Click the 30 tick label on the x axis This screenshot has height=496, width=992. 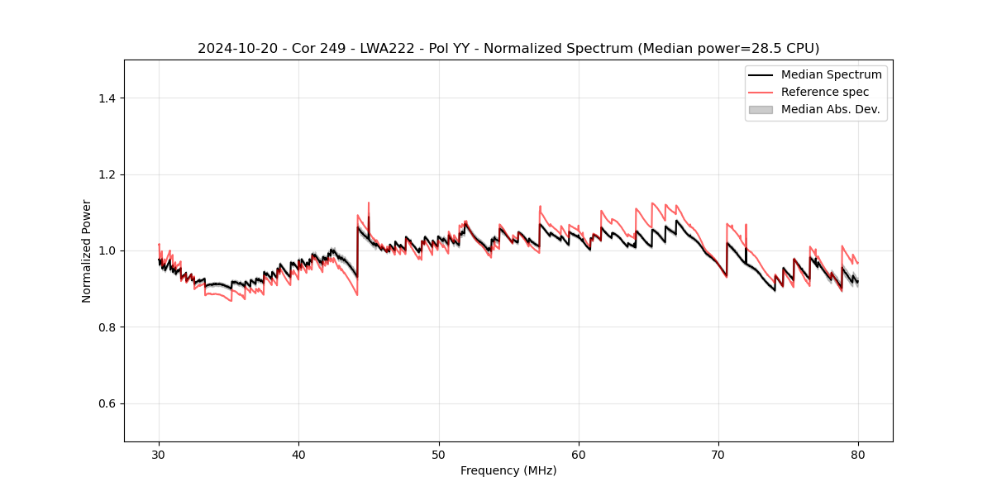(159, 454)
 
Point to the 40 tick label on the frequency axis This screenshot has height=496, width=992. (298, 454)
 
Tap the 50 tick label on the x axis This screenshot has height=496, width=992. (439, 454)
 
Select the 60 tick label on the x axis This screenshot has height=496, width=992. (579, 454)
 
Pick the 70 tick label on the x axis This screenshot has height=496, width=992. (718, 454)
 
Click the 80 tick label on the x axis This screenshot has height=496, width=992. (858, 454)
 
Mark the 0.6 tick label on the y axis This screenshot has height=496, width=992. (107, 403)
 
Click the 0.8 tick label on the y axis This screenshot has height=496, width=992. (107, 327)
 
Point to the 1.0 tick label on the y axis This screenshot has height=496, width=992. (107, 250)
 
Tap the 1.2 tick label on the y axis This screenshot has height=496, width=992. (107, 174)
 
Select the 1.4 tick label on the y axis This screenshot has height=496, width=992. (107, 98)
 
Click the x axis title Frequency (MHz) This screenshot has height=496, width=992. (508, 470)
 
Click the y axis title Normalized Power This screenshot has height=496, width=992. (87, 250)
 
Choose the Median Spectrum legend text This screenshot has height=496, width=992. (831, 74)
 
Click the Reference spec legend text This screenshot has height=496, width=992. (825, 92)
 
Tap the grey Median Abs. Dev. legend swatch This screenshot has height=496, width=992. (760, 109)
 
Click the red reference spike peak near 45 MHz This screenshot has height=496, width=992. (369, 203)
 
